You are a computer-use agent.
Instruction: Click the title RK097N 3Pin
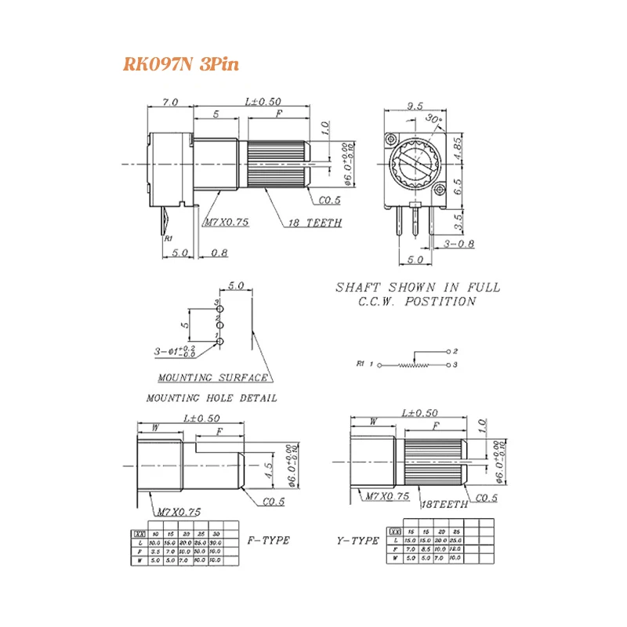tap(180, 64)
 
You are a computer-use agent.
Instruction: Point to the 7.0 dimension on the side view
tap(170, 102)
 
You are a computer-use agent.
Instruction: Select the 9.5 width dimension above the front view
tap(415, 105)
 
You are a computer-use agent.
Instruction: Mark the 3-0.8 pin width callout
tap(458, 245)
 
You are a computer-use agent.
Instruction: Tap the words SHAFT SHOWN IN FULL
tap(418, 288)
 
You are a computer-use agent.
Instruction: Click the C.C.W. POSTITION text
tap(416, 302)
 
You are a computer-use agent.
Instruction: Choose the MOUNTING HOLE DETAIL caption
tap(212, 398)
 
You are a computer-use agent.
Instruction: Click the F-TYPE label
tap(268, 541)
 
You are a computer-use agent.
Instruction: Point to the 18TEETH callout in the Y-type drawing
tap(444, 505)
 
